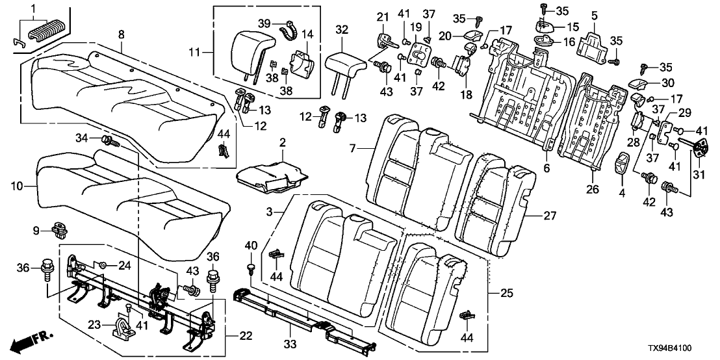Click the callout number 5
click(593, 14)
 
